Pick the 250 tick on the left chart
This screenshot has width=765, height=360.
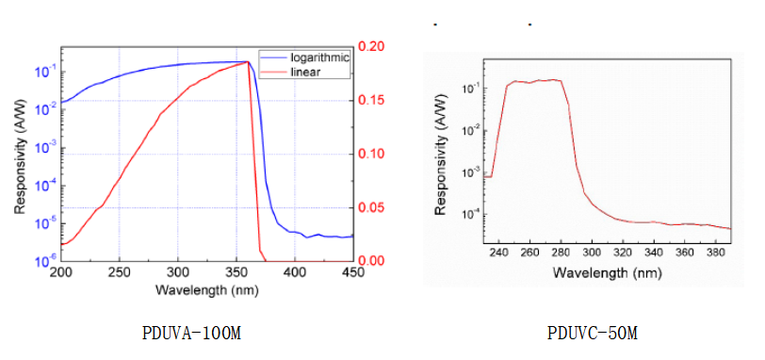119,273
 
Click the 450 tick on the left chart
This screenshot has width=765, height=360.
353,273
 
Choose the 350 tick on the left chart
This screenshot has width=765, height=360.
236,273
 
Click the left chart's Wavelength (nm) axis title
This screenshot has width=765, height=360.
205,289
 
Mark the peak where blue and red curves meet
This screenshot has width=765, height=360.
247,62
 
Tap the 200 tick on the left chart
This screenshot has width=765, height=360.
60,273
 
